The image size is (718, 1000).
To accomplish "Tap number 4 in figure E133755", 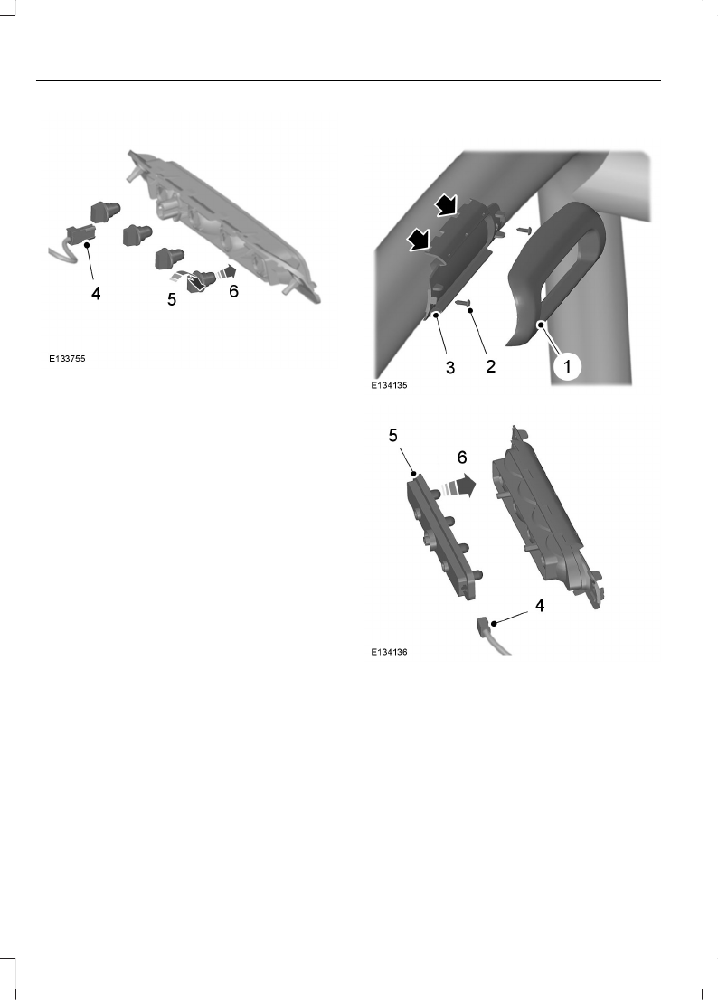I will click(94, 294).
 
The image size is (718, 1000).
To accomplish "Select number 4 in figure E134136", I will click(539, 607).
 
